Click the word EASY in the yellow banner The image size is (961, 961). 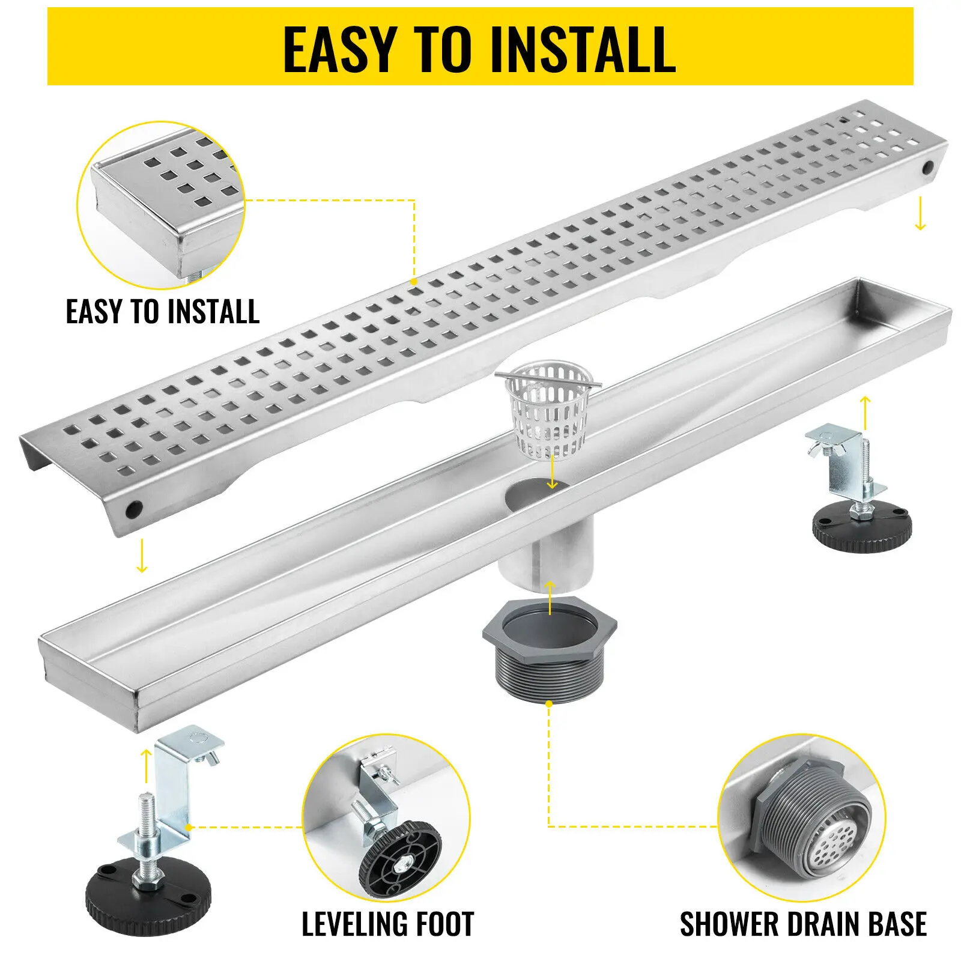click(x=339, y=49)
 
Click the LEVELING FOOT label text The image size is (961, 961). click(x=387, y=924)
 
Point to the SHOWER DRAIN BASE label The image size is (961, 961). click(x=802, y=924)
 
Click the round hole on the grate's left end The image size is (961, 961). click(x=133, y=509)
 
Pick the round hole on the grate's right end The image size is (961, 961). click(x=929, y=166)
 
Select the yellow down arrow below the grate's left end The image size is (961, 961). click(x=142, y=556)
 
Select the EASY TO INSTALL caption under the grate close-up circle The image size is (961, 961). click(x=162, y=312)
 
